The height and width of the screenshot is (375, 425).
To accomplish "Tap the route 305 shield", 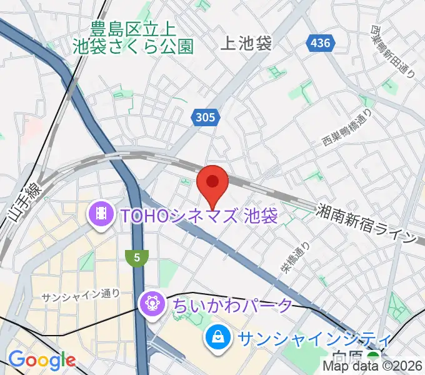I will pyautogui.click(x=204, y=117).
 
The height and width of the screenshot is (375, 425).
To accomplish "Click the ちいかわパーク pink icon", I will pyautogui.click(x=152, y=305).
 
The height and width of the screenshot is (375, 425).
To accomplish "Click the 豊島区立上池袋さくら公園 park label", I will pyautogui.click(x=133, y=37).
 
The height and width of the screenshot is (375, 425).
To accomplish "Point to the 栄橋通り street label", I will pyautogui.click(x=295, y=257).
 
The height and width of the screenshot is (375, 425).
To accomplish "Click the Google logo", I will pyautogui.click(x=41, y=360).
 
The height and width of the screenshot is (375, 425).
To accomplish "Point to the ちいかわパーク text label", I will pyautogui.click(x=231, y=306).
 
